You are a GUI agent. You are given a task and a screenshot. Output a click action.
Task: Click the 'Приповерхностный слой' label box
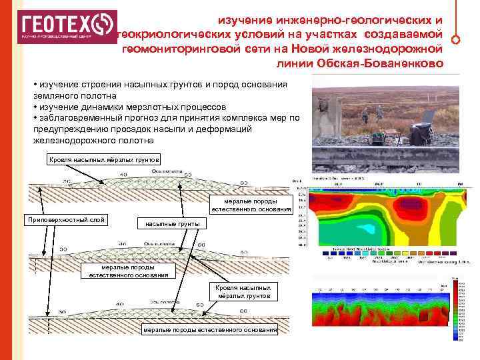64,220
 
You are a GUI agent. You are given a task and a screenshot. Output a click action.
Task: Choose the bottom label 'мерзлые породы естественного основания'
209,330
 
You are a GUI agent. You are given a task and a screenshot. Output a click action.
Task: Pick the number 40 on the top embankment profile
123,175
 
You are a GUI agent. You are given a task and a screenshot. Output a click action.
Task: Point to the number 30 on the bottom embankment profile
64,311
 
